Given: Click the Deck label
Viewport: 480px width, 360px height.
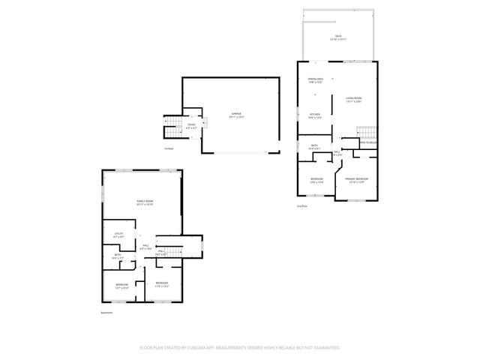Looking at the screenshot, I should (337, 37).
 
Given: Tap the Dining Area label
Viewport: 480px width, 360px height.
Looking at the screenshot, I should (316, 79).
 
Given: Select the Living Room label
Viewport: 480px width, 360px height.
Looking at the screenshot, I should (353, 98).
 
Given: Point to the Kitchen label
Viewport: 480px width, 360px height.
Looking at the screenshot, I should (315, 115).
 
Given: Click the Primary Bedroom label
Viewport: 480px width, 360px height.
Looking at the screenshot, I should (356, 179).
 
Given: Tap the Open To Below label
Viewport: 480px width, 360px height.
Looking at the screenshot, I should (367, 142).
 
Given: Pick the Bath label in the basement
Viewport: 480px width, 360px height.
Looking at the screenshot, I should (118, 256).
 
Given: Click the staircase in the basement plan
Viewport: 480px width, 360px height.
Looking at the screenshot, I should (174, 251).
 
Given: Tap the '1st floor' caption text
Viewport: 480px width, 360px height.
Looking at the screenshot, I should (169, 148).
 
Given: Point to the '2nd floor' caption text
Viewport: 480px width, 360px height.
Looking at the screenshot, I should (301, 205).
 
